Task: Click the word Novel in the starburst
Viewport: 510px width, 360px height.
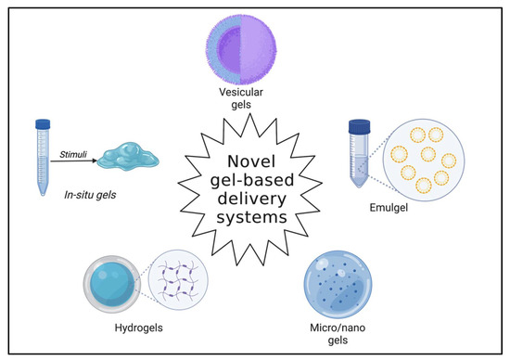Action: (253, 146)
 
